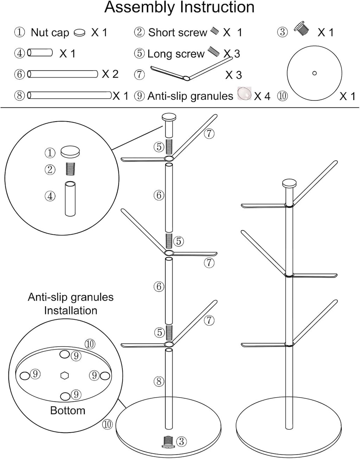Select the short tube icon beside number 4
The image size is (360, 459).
click(40, 53)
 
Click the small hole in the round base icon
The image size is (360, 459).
click(314, 73)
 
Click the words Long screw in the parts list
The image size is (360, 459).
click(176, 54)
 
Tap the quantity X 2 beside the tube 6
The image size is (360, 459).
click(110, 74)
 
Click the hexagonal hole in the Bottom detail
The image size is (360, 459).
click(64, 375)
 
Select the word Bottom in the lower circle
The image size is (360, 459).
click(67, 410)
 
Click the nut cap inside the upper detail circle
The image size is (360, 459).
click(70, 152)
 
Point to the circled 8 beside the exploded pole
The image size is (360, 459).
click(159, 381)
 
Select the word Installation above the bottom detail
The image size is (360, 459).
click(70, 310)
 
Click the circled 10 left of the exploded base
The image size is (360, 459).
click(107, 424)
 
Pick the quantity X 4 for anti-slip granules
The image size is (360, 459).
click(262, 96)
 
